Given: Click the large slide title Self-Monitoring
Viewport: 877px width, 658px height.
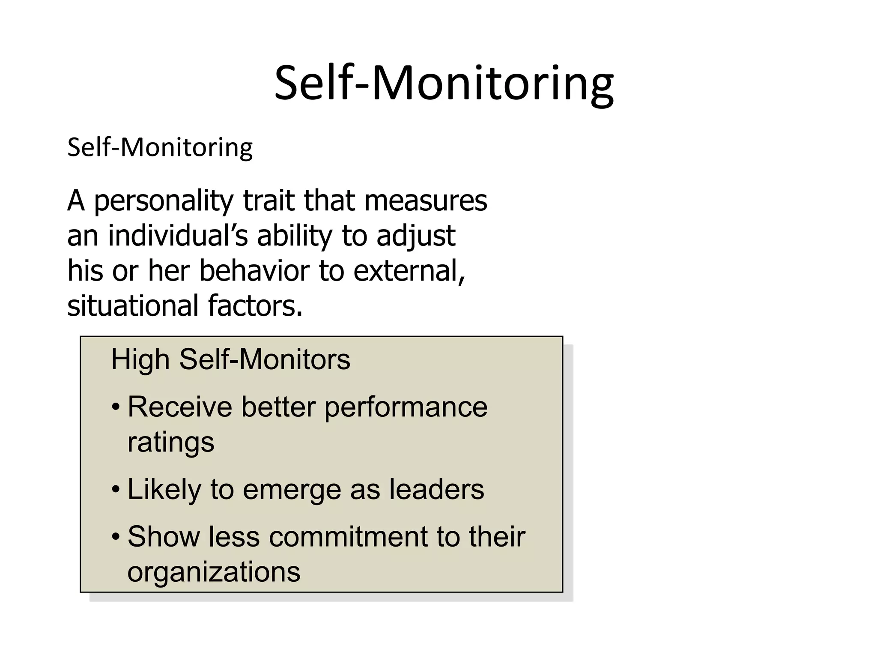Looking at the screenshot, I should click(x=444, y=84).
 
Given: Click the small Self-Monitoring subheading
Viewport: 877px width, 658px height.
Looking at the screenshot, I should click(x=160, y=148).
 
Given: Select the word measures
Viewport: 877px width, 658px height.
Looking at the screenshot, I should click(x=425, y=200).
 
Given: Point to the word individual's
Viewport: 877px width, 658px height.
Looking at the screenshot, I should click(x=178, y=236).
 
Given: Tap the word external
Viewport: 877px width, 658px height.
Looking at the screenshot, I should click(x=409, y=271).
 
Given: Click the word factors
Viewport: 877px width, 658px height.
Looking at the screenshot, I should click(x=255, y=306).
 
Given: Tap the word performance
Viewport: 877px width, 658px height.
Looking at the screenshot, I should click(x=406, y=408).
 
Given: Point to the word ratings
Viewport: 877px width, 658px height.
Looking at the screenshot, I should click(x=171, y=443).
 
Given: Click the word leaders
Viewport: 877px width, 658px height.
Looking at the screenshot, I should click(x=436, y=489).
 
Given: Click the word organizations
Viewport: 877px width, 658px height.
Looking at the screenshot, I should click(x=214, y=572).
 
